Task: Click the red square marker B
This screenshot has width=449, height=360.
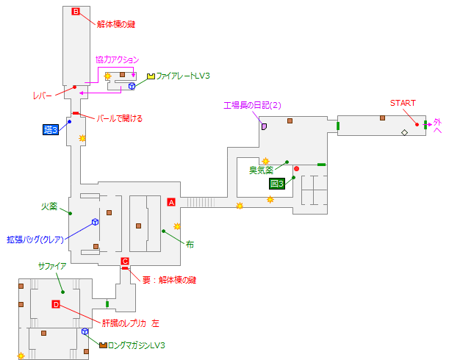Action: tap(75, 11)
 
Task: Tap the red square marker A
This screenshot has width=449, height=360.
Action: tap(171, 201)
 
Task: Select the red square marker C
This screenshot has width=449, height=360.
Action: tap(125, 261)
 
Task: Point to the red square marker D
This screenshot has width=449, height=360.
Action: tap(56, 304)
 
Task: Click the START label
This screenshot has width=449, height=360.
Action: tap(403, 103)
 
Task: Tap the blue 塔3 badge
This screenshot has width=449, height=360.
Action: tap(51, 129)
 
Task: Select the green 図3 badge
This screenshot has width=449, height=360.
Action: tap(277, 184)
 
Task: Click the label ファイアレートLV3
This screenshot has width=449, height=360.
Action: tap(183, 76)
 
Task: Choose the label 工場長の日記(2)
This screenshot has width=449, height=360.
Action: tap(253, 105)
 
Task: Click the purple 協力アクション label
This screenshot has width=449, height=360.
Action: tap(117, 60)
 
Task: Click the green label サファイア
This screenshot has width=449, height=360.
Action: tap(52, 266)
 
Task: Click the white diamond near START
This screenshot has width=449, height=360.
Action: tap(403, 132)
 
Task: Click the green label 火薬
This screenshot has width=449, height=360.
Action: tap(49, 206)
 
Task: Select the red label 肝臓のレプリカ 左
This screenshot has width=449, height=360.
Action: tap(129, 323)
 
